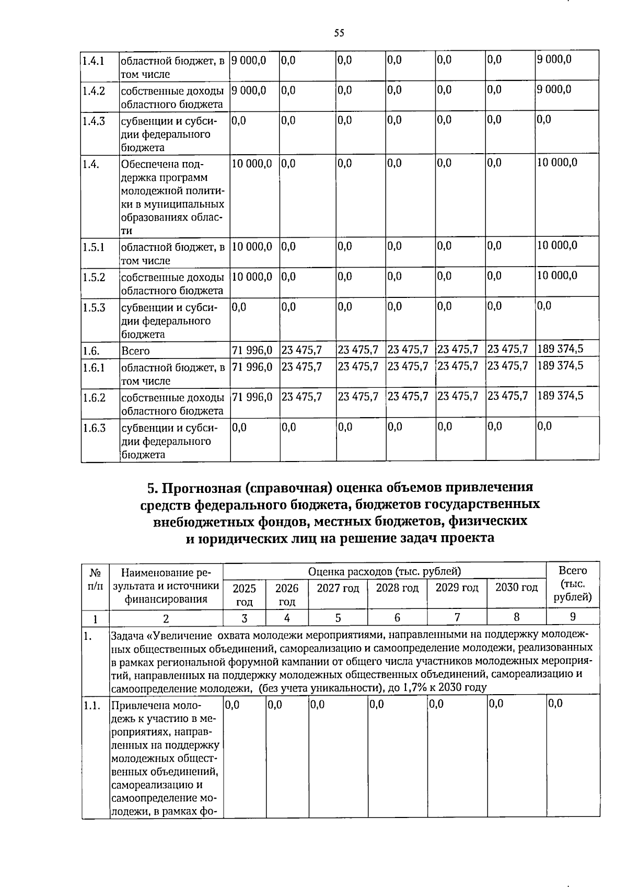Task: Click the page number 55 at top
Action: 339,33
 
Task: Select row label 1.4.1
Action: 93,61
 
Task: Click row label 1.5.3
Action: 94,307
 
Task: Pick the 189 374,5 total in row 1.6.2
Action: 560,396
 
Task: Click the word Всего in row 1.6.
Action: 135,351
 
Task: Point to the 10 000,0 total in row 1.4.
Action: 557,163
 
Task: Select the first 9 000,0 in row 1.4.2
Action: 249,90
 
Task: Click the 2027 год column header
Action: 338,588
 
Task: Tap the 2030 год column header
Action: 516,588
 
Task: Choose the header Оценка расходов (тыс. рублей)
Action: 384,571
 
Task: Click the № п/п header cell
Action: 95,579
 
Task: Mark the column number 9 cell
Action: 573,617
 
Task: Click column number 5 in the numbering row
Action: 338,618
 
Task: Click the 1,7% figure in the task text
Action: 413,687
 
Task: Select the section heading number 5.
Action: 152,488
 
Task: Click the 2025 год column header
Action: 244,595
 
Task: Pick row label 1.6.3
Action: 94,428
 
